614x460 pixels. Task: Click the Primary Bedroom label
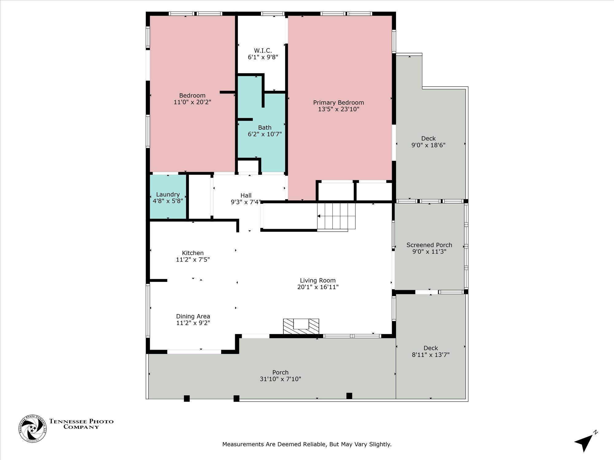[338, 103]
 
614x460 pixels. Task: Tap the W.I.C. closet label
[263, 51]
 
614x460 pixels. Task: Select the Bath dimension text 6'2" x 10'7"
[265, 134]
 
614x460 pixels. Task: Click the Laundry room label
[168, 194]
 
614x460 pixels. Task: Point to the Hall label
[246, 195]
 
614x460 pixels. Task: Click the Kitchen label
[193, 253]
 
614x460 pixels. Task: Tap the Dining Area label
[193, 316]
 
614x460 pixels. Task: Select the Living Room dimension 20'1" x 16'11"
[318, 287]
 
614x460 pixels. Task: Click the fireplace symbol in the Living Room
[301, 326]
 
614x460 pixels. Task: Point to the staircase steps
[336, 216]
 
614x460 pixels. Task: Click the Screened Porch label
[429, 245]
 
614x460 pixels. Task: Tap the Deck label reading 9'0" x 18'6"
[428, 142]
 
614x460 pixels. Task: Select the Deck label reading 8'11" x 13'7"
[431, 351]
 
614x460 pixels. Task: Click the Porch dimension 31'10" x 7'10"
[280, 379]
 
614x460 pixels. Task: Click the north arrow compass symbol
[585, 442]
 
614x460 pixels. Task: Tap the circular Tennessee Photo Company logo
[33, 428]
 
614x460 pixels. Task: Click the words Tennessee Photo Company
[81, 424]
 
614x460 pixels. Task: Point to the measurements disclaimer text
[307, 444]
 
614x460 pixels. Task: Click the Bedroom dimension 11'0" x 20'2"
[192, 102]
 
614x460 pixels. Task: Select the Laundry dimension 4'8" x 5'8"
[168, 201]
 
